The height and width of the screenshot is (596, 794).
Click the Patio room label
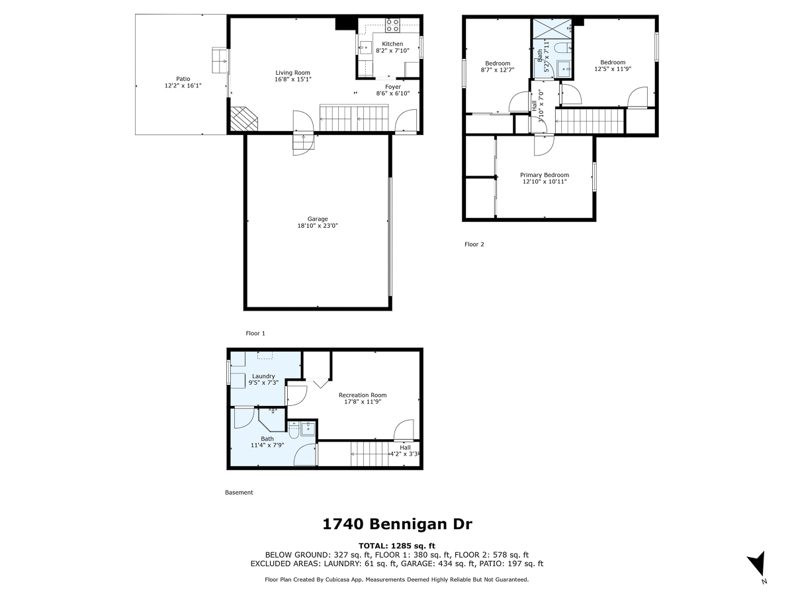tap(173, 79)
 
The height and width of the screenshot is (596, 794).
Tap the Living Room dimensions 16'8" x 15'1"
tap(292, 79)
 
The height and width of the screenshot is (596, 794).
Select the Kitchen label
tap(392, 44)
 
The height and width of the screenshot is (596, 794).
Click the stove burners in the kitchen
tap(392, 25)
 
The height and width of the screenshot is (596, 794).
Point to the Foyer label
tap(393, 87)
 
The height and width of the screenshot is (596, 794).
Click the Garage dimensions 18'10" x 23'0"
tap(318, 226)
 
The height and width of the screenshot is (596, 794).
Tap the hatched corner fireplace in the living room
tap(243, 119)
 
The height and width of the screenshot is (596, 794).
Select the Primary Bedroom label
tap(544, 175)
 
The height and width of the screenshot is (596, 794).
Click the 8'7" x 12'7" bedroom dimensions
tap(498, 70)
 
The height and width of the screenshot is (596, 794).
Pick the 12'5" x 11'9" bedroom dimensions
tap(612, 69)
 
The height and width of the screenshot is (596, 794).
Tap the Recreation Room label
tap(362, 395)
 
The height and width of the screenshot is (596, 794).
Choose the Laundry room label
tap(263, 376)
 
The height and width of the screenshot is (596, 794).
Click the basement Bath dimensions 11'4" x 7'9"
tap(267, 445)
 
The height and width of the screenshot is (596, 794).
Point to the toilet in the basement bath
tap(294, 429)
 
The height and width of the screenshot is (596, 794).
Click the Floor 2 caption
tap(474, 244)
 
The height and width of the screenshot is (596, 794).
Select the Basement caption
tap(239, 493)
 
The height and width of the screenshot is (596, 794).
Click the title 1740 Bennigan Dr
tap(397, 524)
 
